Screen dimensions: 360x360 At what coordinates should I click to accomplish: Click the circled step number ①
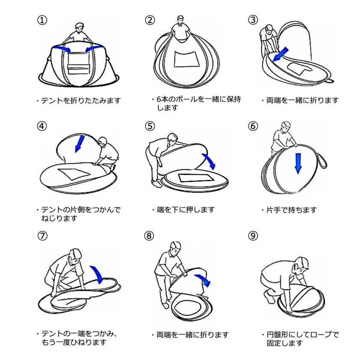[42, 20]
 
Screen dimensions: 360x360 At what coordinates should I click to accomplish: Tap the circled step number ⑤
[150, 126]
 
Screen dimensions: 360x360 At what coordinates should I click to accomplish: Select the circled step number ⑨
[253, 236]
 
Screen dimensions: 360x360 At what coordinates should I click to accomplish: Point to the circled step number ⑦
[42, 236]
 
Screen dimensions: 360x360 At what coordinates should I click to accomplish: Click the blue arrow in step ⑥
[298, 163]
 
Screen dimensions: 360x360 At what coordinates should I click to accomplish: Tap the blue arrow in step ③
[280, 54]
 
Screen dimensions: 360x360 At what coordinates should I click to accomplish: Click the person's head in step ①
[79, 28]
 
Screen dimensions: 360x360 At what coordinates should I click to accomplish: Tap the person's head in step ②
[180, 20]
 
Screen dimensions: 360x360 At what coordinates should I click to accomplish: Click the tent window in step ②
[186, 59]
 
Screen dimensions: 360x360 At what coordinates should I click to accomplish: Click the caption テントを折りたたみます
[81, 101]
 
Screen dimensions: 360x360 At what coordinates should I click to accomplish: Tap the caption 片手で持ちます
[291, 210]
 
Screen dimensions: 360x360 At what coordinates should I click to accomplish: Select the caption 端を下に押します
[186, 210]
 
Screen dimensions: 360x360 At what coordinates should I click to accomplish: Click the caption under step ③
[302, 100]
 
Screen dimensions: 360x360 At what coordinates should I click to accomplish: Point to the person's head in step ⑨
[302, 264]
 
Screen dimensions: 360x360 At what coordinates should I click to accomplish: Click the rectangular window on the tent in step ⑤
[196, 178]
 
